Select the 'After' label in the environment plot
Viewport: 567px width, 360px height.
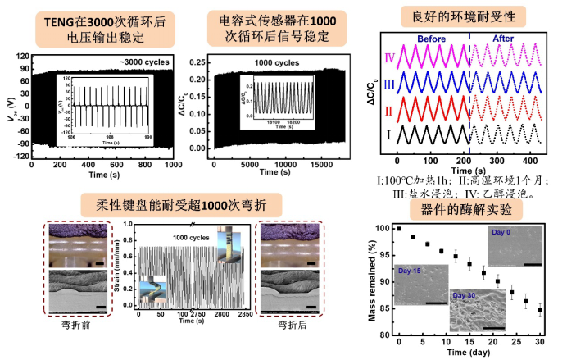500,39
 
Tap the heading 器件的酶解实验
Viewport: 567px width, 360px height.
465,208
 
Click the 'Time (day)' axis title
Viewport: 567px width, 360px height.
469,353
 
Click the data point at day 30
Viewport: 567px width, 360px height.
540,310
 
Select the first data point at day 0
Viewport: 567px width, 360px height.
399,228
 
